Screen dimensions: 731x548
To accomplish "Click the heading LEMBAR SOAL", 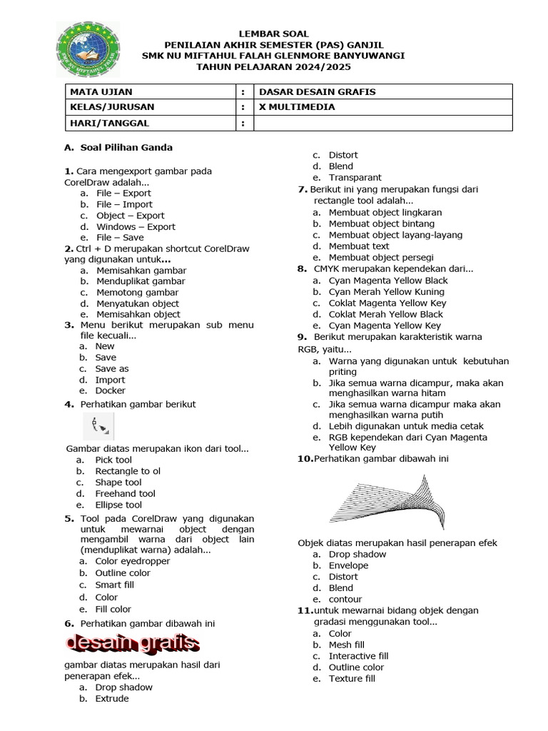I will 274,34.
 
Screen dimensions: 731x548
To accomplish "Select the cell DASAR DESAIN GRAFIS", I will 317,91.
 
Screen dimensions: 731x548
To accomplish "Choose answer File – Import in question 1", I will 124,204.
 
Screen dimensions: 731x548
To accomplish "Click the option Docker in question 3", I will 110,390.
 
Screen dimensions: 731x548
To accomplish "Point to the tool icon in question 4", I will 98,427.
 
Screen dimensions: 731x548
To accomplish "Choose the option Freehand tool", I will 125,493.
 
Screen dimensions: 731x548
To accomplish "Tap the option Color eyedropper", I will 133,561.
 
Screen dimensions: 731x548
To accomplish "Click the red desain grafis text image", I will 133,644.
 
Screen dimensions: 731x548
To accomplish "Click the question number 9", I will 302,337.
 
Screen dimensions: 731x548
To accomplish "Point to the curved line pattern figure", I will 389,502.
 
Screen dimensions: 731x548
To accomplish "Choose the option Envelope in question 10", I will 348,565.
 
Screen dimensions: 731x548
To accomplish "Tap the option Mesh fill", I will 346,645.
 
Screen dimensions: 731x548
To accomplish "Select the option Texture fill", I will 351,678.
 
